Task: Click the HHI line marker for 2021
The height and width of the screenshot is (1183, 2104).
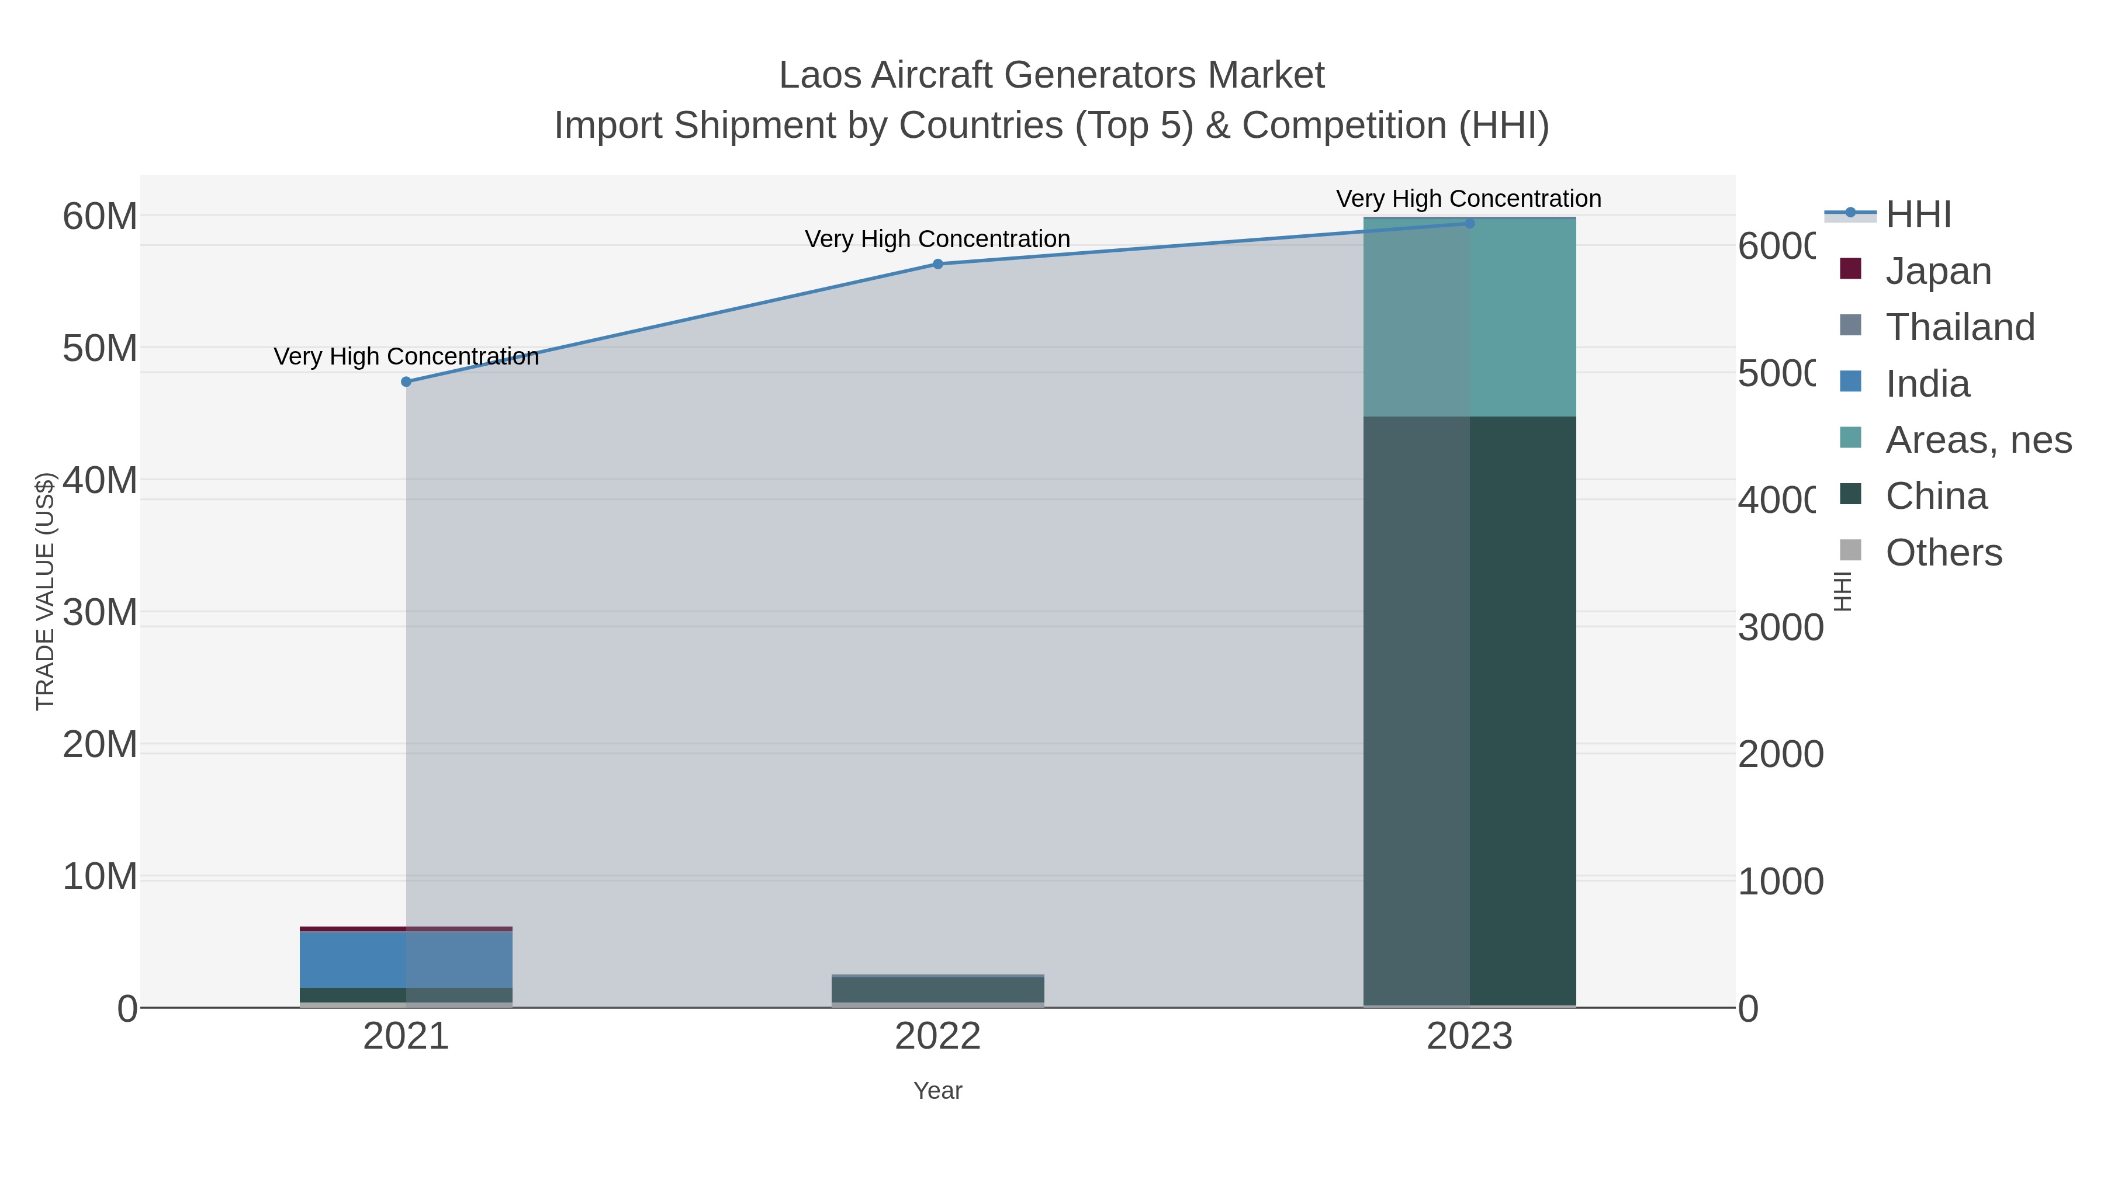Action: (x=406, y=381)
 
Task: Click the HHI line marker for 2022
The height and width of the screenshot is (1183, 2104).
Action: (x=937, y=263)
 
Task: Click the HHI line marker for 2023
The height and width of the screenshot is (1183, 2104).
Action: (x=1469, y=223)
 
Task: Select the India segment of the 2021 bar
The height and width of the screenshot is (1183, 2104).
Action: (x=406, y=959)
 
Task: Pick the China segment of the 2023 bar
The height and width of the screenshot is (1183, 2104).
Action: (x=1469, y=710)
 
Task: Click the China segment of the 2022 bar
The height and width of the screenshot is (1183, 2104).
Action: (x=937, y=990)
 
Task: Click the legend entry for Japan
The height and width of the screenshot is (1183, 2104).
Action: (x=1937, y=271)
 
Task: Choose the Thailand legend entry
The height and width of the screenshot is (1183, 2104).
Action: (x=1960, y=327)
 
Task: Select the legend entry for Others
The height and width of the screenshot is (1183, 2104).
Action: (x=1943, y=553)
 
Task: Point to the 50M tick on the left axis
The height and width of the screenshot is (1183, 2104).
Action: (x=99, y=349)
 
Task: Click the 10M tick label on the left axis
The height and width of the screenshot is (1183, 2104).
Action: (x=99, y=877)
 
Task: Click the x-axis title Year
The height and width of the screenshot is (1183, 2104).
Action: (x=937, y=1091)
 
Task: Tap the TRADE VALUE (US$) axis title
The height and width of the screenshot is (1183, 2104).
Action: (x=45, y=591)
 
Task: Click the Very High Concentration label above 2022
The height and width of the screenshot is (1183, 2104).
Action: (x=937, y=239)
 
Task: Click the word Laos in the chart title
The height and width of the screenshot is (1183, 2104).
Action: (x=820, y=75)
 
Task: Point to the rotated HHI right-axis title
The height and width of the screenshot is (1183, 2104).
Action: (x=1843, y=591)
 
